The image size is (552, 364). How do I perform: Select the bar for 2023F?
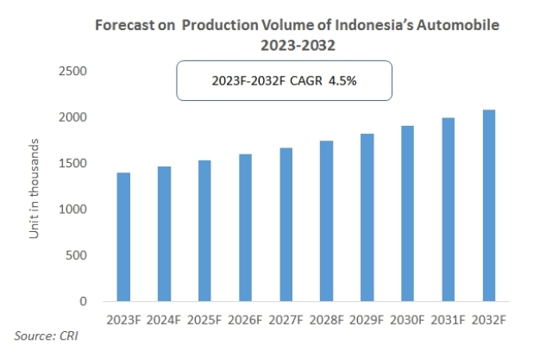(123, 237)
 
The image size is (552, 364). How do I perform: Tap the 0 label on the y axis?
(84, 302)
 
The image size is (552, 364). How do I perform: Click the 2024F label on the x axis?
(164, 319)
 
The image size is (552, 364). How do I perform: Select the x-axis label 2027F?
(285, 319)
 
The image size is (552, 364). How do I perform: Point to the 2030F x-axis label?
(407, 319)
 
